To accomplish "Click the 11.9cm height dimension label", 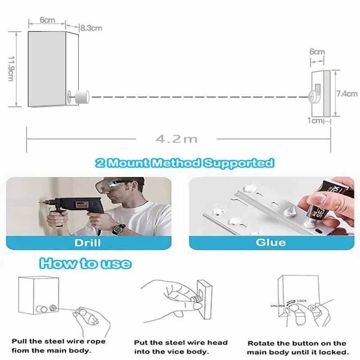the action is (11, 68).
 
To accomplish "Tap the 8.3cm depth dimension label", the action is (91, 28).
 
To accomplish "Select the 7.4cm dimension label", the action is (347, 94).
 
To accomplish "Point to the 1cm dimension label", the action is (315, 120).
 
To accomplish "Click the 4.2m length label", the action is (176, 139).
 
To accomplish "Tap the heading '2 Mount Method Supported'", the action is (185, 163).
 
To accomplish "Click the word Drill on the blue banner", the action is (87, 243).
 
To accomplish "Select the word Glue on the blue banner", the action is (271, 243).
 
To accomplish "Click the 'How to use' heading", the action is (85, 263).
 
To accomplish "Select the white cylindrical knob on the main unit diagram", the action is (82, 97).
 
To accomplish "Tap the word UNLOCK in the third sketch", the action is (278, 306).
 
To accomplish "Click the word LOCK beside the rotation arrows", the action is (301, 301).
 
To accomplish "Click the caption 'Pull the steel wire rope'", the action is (59, 342).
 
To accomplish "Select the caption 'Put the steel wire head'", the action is (181, 343).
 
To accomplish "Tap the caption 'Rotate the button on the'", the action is (297, 343).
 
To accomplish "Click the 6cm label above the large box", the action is (47, 20).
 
